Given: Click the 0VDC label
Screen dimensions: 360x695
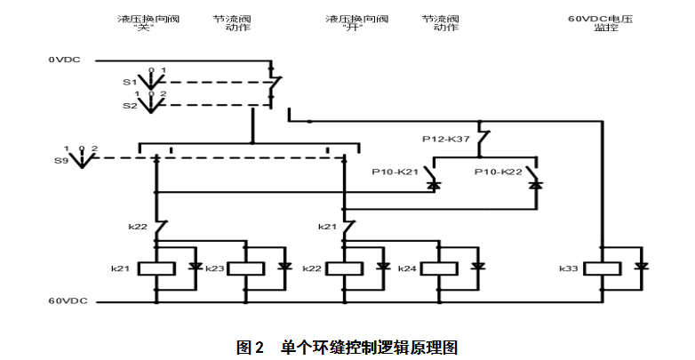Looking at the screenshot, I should [64, 60].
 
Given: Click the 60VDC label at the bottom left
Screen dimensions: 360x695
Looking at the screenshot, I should [67, 300].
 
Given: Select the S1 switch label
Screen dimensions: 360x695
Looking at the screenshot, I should [129, 82].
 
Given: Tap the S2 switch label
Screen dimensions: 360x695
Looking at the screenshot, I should [129, 105].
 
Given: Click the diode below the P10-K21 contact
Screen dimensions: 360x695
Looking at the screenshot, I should [434, 186].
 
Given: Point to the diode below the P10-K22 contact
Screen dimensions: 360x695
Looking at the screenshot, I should [536, 186].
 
